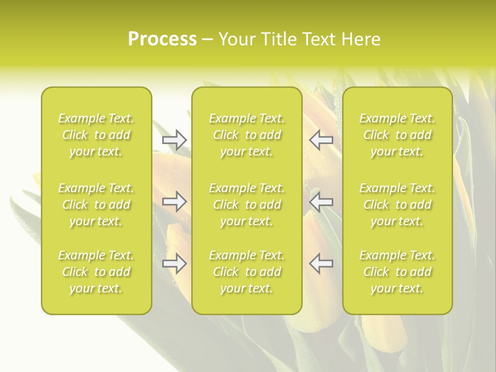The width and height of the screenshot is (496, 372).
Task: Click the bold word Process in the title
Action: [162, 39]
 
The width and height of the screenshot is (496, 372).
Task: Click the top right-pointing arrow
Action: [174, 140]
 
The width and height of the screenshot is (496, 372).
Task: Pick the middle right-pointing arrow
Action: [174, 202]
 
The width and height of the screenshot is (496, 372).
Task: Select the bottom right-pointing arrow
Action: [174, 263]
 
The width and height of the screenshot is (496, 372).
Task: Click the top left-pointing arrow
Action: [321, 140]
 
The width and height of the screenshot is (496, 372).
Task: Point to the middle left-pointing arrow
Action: [321, 202]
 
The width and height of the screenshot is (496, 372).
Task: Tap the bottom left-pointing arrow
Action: [321, 263]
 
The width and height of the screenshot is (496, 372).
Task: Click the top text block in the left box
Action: [96, 135]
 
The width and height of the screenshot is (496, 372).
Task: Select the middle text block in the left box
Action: [96, 205]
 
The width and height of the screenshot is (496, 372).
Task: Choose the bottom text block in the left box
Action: [96, 272]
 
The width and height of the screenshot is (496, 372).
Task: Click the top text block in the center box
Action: [246, 135]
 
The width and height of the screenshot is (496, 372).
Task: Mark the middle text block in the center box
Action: [246, 205]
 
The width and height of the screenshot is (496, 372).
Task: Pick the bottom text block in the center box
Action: [246, 272]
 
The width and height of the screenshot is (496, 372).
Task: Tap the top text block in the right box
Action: [397, 135]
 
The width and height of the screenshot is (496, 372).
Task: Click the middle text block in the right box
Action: [397, 205]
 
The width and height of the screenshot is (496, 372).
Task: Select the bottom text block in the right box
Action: [397, 272]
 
